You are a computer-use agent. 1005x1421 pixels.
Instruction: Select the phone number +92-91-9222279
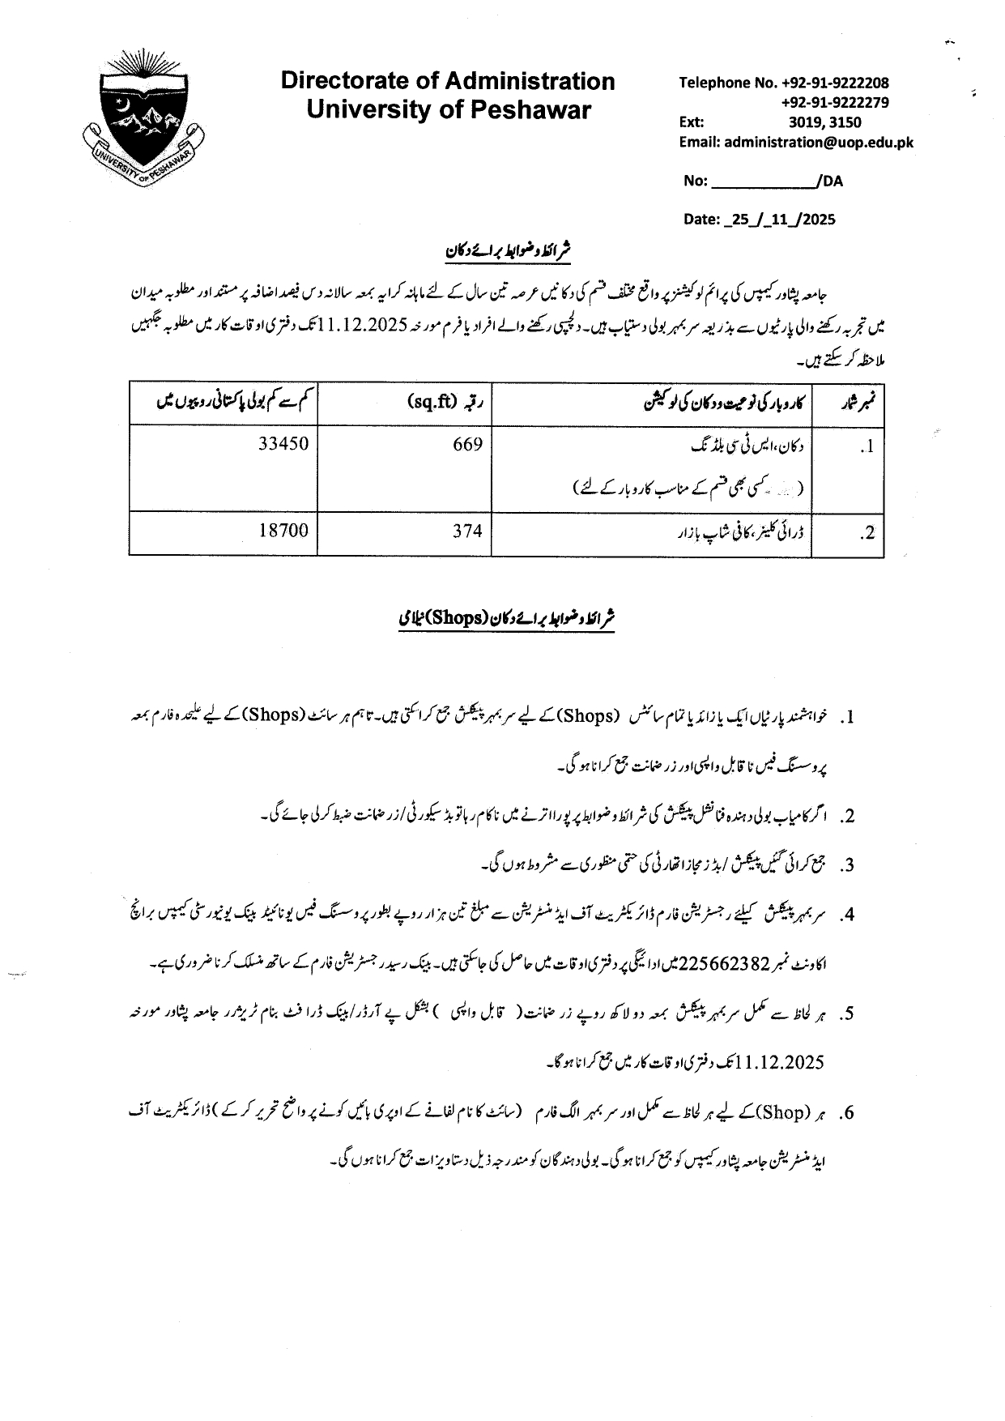point(835,102)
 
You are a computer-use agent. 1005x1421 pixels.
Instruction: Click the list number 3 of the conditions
point(847,865)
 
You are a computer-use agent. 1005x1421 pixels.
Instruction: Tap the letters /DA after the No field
point(830,181)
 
